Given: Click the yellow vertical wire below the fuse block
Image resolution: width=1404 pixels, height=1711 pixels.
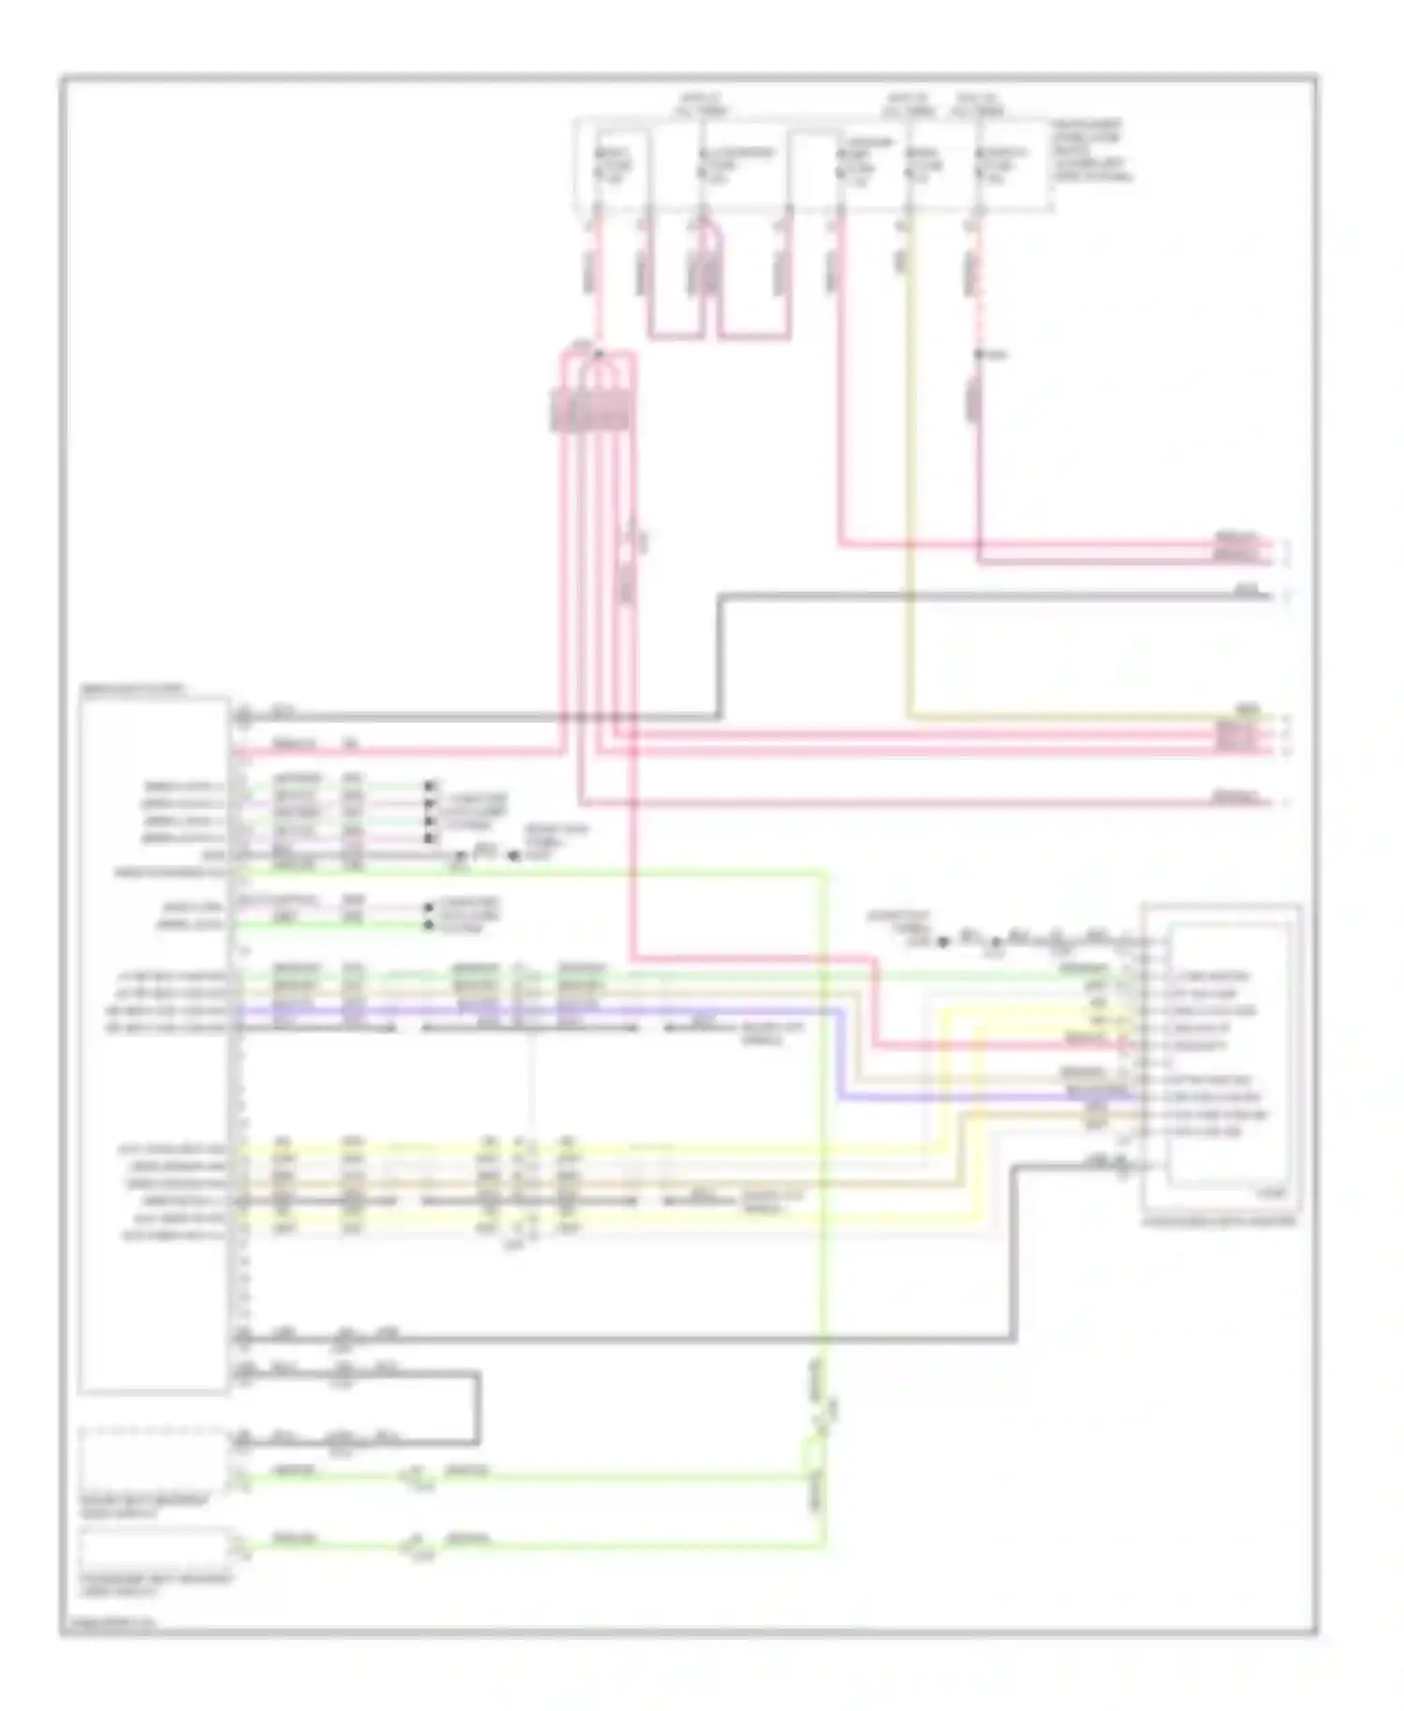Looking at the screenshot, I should click(x=907, y=468).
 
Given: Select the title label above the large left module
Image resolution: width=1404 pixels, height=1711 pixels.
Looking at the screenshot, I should click(x=134, y=690).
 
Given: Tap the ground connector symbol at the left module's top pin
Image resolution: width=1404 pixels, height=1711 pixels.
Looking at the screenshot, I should click(x=243, y=718).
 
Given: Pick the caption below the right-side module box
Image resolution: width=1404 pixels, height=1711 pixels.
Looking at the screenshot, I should click(x=1220, y=1221).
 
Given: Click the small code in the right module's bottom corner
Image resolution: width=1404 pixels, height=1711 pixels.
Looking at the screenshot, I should click(x=1273, y=1193).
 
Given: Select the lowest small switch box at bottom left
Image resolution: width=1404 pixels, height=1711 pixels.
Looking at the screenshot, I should click(x=154, y=1549).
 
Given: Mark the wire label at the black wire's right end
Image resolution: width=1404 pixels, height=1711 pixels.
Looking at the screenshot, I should click(x=1244, y=591).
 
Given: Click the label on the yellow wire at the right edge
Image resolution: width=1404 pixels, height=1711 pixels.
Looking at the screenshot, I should click(x=1246, y=709).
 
